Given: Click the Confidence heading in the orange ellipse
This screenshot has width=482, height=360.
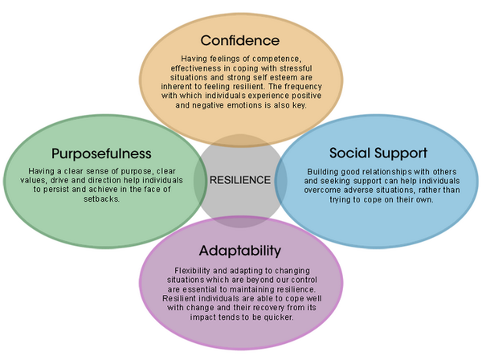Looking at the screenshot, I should click(x=239, y=39).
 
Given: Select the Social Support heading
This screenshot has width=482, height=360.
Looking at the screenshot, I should click(x=378, y=153).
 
